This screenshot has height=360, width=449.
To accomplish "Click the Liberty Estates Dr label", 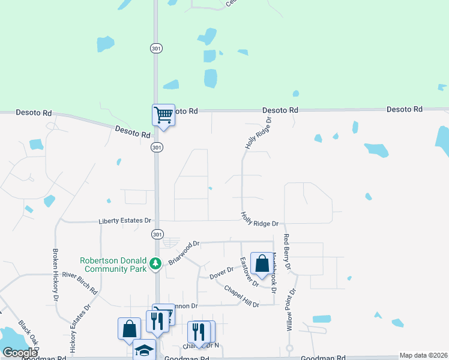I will (125, 221).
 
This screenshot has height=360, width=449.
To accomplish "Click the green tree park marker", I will (155, 263).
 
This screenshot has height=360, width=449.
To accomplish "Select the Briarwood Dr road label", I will (184, 252).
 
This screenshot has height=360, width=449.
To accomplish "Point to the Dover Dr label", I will (221, 274).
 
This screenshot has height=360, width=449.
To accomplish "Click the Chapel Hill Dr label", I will (241, 296).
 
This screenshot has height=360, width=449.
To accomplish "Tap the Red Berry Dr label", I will (288, 251).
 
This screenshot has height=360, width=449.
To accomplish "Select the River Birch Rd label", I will (80, 282).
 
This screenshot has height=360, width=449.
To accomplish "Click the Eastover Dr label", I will (248, 271).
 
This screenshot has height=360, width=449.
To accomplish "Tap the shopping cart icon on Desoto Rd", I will (163, 115).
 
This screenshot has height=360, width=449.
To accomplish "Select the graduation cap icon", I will (144, 350).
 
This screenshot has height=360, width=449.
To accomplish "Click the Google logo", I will (20, 353).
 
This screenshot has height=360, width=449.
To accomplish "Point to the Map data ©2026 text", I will (423, 355).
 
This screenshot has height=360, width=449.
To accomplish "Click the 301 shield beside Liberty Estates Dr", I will (157, 233).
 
